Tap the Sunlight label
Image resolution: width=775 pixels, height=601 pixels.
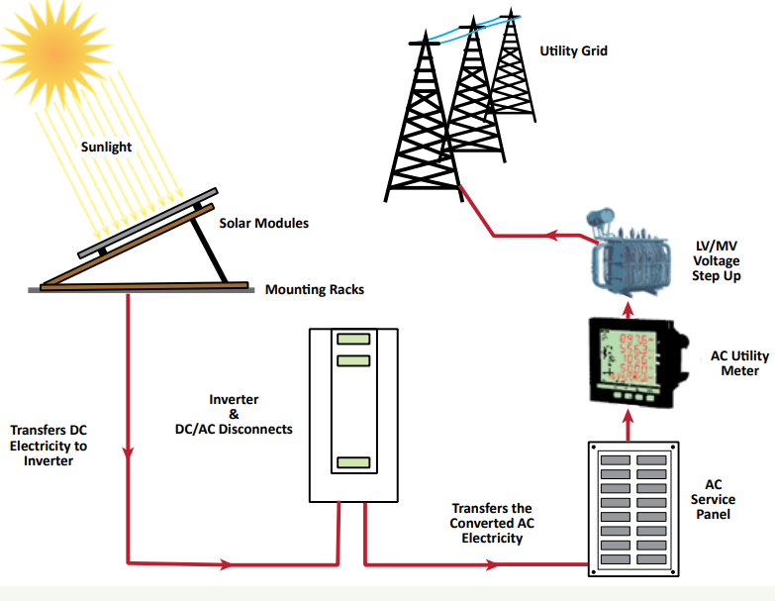106,148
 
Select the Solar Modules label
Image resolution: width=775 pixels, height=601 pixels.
263,224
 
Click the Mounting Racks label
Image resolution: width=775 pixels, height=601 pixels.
315,290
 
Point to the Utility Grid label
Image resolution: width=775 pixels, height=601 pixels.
573,50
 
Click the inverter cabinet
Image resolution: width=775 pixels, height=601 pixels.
352,414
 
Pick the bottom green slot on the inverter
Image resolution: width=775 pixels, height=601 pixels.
352,462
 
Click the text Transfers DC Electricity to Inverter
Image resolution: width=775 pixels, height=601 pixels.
48,446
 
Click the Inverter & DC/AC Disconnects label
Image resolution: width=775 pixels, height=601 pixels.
234,414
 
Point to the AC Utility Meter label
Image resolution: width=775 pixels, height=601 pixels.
734,363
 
